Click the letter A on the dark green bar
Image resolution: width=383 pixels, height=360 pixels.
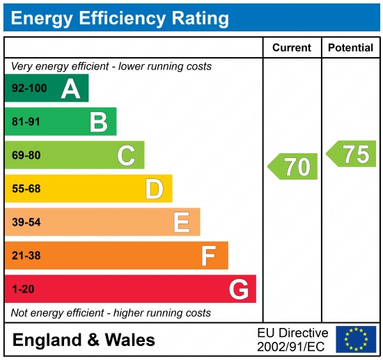pos(70,88)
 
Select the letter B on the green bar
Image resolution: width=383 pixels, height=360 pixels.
pos(98,122)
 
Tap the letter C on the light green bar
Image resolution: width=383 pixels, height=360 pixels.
pos(126,155)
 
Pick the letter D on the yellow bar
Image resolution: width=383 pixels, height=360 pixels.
pos(154,189)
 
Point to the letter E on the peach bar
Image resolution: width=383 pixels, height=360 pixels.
pos(182,222)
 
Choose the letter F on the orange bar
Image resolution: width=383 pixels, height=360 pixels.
pos(209,256)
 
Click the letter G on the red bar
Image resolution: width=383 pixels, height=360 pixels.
pos(238,289)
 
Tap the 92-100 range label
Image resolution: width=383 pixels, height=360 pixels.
pos(29,88)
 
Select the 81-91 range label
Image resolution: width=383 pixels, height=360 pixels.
pos(26,122)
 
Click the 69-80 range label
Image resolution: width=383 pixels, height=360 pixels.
pos(26,155)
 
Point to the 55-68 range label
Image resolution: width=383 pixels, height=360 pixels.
pos(26,189)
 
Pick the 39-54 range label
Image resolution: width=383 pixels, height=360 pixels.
pos(26,222)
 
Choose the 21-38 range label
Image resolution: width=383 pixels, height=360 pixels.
pos(26,256)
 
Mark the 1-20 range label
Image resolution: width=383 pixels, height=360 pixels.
pos(23,289)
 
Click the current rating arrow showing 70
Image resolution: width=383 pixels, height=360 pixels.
pos(293,167)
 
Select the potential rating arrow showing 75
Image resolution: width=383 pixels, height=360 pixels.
pos(352,154)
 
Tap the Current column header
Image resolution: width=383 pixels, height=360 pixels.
pos(292,48)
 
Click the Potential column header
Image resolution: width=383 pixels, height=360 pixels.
pos(350,48)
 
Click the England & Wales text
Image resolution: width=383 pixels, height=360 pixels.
pos(84,341)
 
